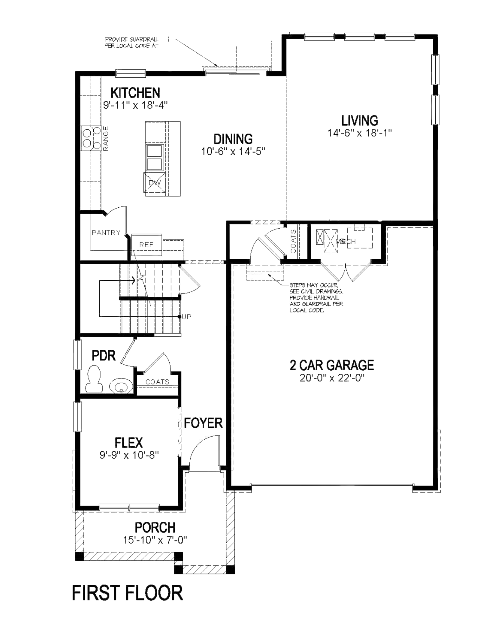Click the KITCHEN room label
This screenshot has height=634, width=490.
(x=135, y=93)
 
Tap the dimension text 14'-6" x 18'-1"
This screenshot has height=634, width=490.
(x=359, y=133)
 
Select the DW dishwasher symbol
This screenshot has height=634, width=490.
(x=154, y=183)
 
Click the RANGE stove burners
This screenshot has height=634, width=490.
(x=91, y=138)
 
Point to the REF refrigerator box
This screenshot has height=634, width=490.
(x=146, y=244)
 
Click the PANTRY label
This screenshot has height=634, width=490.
(x=106, y=233)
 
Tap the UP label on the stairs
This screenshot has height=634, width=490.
(x=187, y=317)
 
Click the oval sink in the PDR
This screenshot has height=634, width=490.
(x=121, y=386)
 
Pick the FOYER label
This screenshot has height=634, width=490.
(x=203, y=423)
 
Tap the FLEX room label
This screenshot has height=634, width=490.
(x=128, y=443)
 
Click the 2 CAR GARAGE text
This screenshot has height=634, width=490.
(x=331, y=365)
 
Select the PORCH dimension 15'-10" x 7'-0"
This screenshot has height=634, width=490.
(x=155, y=540)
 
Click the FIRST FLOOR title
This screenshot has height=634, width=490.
(x=127, y=593)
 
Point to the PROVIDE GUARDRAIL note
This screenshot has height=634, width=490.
(x=131, y=42)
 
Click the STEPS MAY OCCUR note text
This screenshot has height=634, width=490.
(x=316, y=298)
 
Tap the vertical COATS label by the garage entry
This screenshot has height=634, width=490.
(x=293, y=242)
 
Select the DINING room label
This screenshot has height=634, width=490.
(x=233, y=139)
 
